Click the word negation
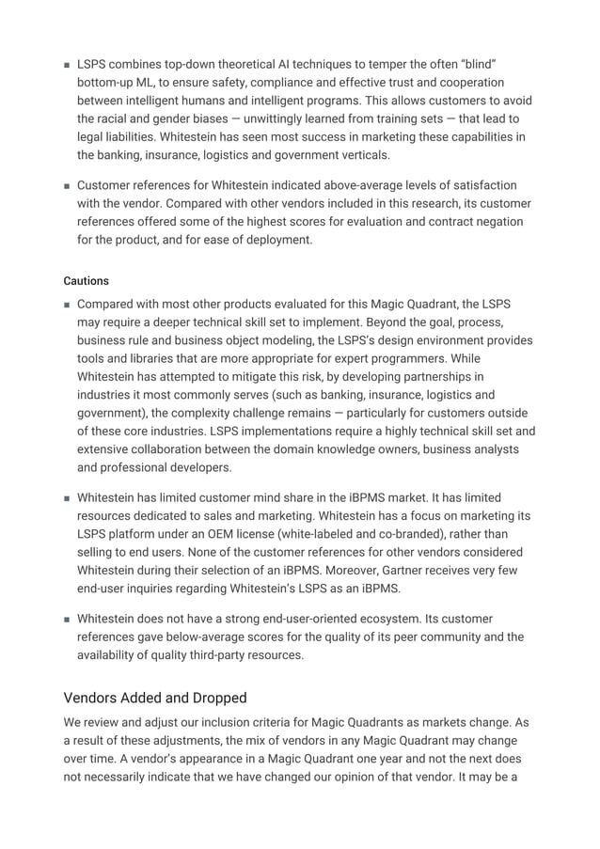click(x=501, y=222)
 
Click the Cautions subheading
click(x=86, y=281)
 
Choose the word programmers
click(x=385, y=358)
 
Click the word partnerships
click(x=443, y=377)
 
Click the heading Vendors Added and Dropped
click(x=155, y=698)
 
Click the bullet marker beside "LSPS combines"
click(x=67, y=65)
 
